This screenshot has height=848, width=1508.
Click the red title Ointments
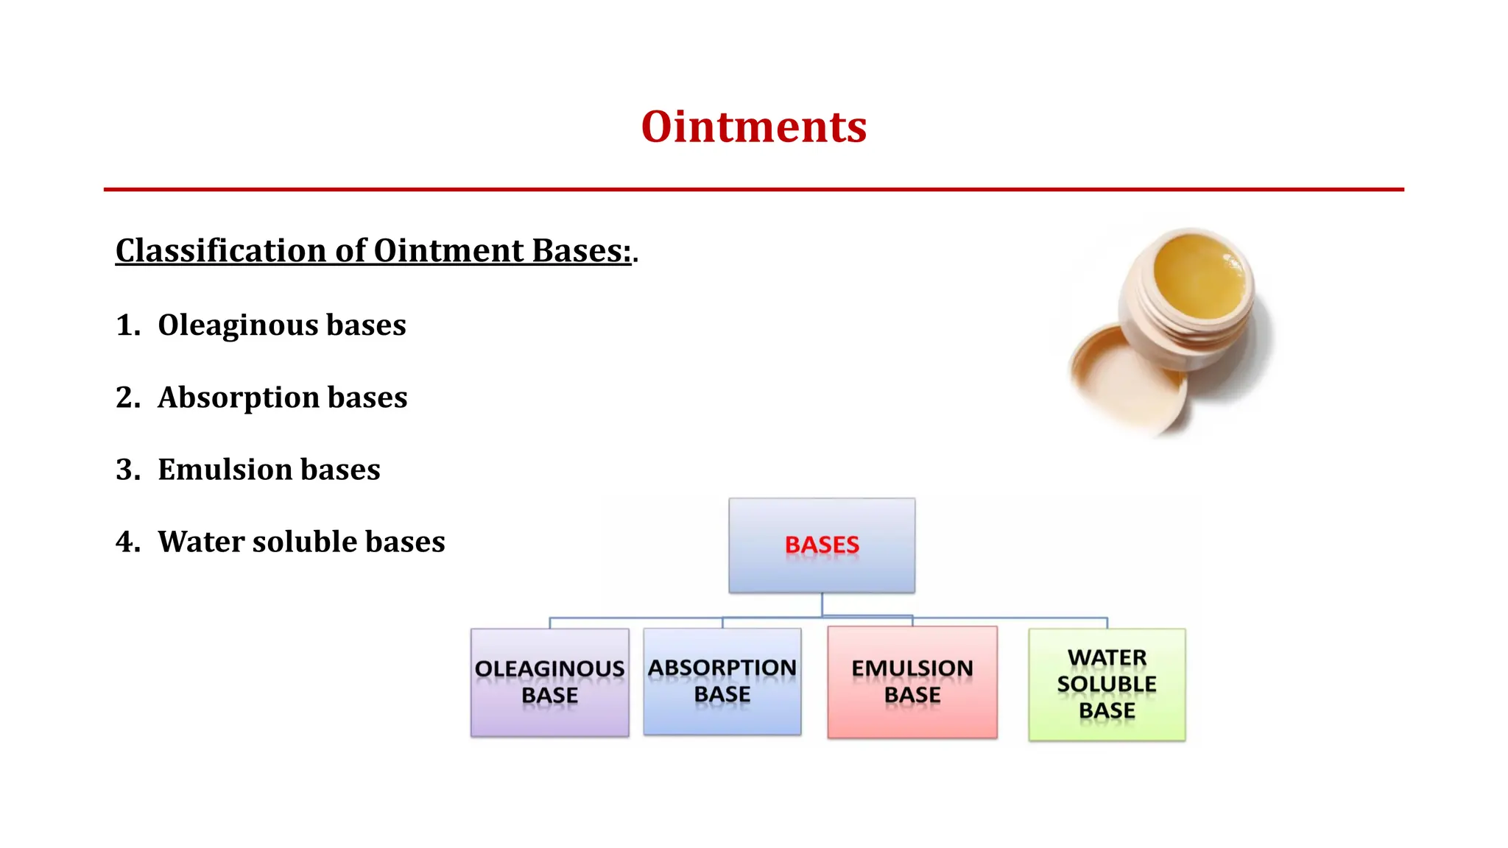[753, 127]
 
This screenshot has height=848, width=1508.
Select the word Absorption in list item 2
[238, 397]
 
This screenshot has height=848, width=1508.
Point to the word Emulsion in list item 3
[224, 469]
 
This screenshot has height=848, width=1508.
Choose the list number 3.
[127, 469]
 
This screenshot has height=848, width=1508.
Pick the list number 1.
[127, 325]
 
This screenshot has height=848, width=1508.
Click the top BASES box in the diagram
[822, 545]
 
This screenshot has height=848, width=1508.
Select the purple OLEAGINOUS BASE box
[549, 682]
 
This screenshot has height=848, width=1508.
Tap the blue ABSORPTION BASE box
[722, 681]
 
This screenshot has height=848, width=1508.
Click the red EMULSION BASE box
[912, 682]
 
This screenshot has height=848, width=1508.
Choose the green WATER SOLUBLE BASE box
[1106, 684]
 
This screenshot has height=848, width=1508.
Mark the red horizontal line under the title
[753, 189]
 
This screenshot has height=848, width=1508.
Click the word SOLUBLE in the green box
[1106, 684]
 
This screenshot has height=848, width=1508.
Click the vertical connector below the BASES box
[822, 604]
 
